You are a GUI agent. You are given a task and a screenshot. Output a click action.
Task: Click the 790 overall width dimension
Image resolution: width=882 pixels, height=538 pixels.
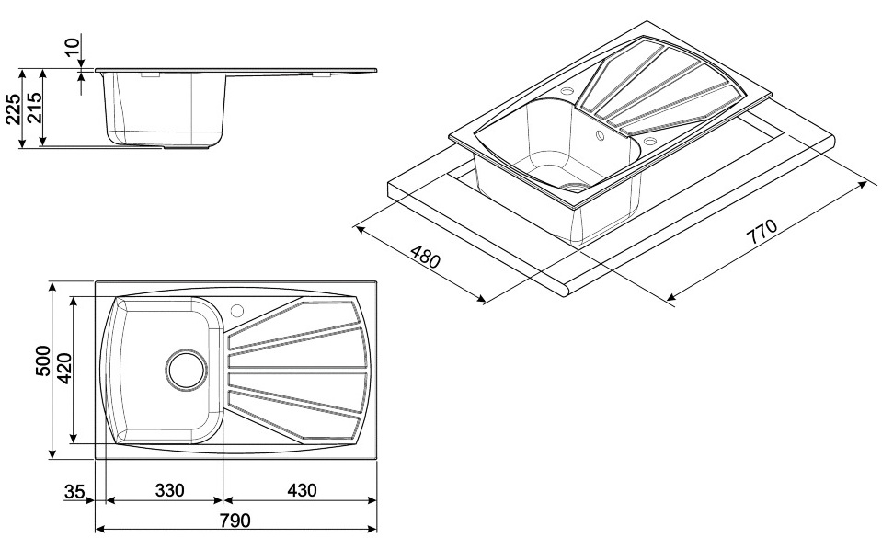[235, 521]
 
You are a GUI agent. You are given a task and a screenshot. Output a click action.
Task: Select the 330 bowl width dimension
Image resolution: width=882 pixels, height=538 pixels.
[169, 490]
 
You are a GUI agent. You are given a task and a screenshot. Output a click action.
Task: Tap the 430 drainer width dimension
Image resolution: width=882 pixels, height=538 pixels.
[302, 490]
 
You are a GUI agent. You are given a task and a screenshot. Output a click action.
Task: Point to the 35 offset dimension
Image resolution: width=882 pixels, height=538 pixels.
[74, 492]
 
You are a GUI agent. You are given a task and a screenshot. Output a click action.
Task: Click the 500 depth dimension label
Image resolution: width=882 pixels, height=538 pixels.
[42, 361]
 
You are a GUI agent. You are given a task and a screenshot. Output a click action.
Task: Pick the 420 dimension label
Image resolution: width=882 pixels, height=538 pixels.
[64, 369]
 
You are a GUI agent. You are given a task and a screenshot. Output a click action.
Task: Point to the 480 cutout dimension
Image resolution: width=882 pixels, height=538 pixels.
[425, 257]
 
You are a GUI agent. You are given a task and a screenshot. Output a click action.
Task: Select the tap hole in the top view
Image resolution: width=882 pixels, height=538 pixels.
[237, 310]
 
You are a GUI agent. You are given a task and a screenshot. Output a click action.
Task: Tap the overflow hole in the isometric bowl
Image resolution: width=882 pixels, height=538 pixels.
[599, 135]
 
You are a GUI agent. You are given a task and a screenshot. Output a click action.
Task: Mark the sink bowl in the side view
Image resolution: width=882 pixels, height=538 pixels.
[166, 109]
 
